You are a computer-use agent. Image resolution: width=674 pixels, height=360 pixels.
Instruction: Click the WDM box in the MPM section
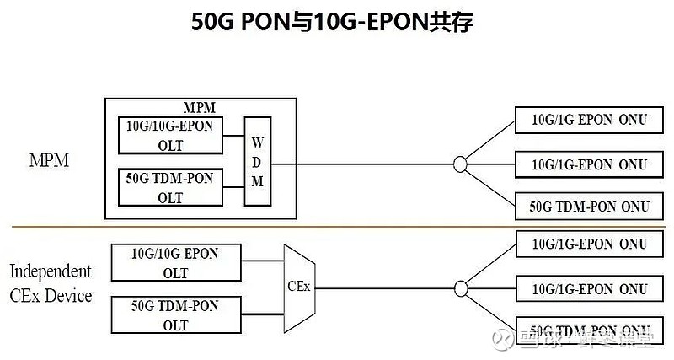point(257,160)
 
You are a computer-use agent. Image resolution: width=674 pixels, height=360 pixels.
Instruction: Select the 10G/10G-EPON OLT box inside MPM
point(171,135)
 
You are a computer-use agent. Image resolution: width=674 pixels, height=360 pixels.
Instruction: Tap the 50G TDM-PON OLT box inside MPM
point(171,187)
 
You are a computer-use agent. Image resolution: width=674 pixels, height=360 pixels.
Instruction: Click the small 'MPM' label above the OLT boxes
point(200,107)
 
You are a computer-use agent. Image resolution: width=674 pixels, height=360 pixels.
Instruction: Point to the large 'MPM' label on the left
point(49,160)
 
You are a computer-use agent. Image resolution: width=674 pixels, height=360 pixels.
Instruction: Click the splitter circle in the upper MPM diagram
point(459,164)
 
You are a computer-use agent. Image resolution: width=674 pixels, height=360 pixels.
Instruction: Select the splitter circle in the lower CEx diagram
point(459,287)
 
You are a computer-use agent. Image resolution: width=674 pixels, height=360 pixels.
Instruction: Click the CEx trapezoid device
point(298,286)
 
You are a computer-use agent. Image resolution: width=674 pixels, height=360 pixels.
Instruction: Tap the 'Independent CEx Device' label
point(50,283)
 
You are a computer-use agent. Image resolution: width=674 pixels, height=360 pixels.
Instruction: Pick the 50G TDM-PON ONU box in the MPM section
point(588,207)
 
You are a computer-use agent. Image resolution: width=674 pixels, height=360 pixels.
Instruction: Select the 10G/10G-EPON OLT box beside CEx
point(176,262)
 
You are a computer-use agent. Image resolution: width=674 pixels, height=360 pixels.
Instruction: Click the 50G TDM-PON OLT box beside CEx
point(176,314)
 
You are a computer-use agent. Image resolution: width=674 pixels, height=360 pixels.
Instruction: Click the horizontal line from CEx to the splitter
point(379,287)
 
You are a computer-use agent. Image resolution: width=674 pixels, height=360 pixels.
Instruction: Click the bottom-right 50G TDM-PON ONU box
point(588,330)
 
